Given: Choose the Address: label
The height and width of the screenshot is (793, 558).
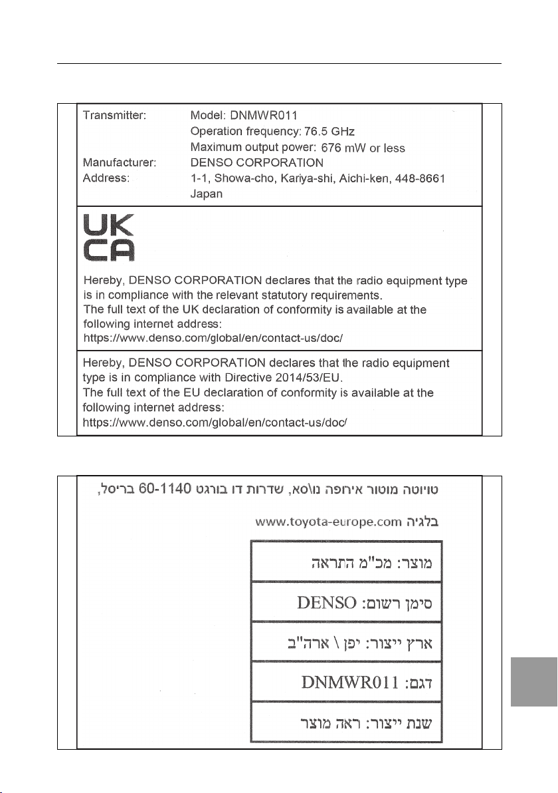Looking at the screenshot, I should pyautogui.click(x=106, y=179).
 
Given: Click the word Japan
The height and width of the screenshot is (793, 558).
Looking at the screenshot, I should pyautogui.click(x=206, y=195).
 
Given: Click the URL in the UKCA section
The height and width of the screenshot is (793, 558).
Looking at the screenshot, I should pyautogui.click(x=213, y=338).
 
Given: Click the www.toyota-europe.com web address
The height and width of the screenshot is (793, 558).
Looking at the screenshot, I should pyautogui.click(x=328, y=523).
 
